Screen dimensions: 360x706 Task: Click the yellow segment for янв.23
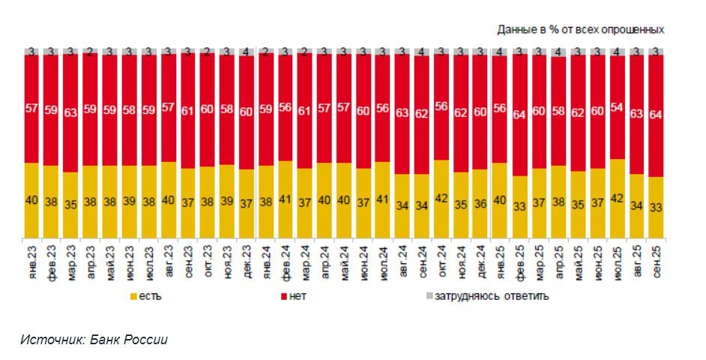31,201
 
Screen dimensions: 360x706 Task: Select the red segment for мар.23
70,112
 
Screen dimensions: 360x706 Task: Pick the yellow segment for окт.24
441,199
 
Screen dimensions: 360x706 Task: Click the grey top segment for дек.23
246,51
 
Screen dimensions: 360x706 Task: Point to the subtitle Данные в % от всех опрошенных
580,29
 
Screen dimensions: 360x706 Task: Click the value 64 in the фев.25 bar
519,115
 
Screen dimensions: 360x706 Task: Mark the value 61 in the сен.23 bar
187,110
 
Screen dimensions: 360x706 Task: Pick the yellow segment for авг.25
636,206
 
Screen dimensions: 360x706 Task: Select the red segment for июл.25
617,106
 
